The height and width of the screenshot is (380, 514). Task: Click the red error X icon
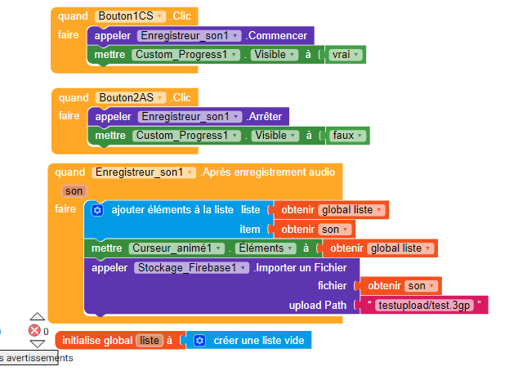[x=35, y=330]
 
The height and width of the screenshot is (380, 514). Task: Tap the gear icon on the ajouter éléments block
[x=97, y=211]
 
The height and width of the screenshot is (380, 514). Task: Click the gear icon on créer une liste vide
[x=199, y=340]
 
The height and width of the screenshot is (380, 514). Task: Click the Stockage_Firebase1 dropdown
[x=191, y=268]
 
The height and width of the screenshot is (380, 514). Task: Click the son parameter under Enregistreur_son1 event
[x=74, y=190]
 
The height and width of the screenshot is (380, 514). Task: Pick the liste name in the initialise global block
[x=150, y=340]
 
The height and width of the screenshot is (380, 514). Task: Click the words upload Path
[x=320, y=306]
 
